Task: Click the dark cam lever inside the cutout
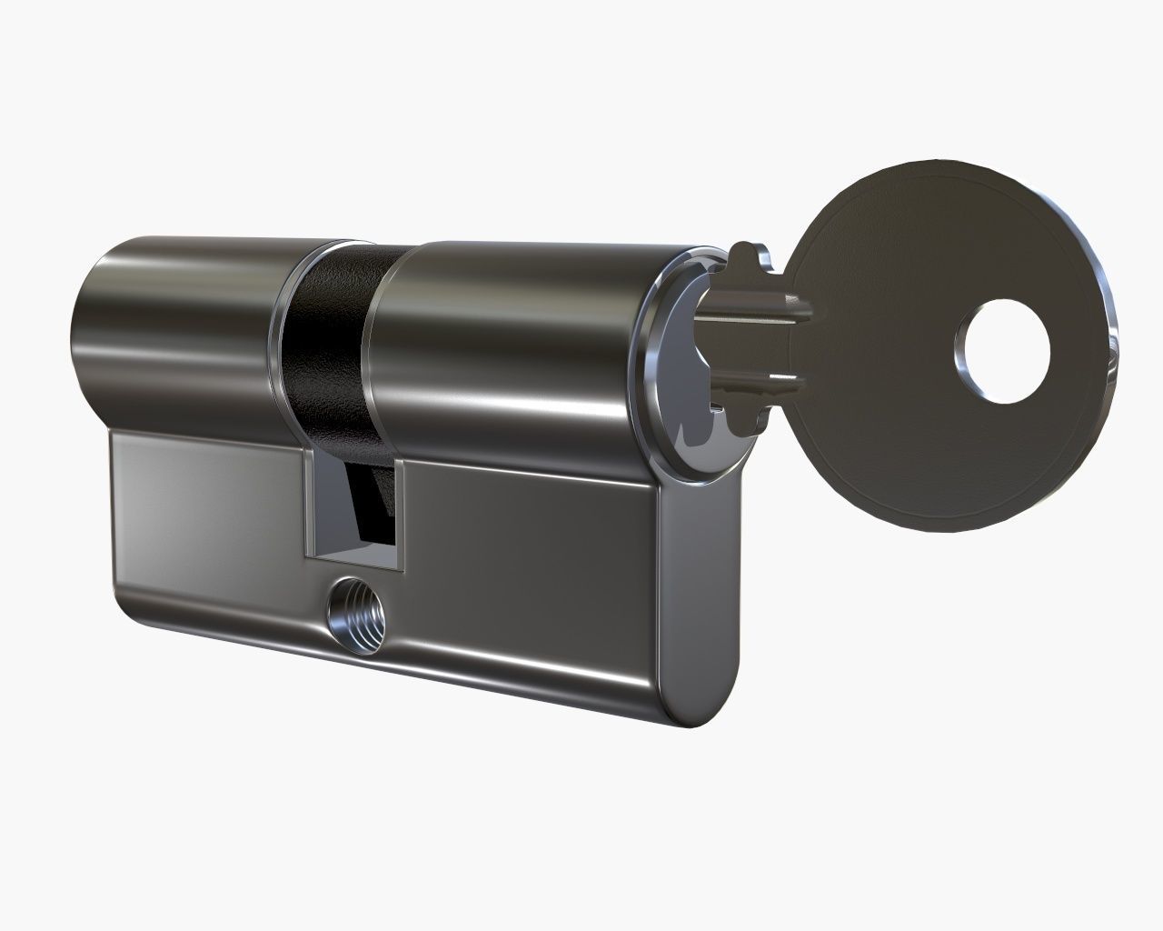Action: [368, 496]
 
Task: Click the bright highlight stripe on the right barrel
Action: [509, 400]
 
